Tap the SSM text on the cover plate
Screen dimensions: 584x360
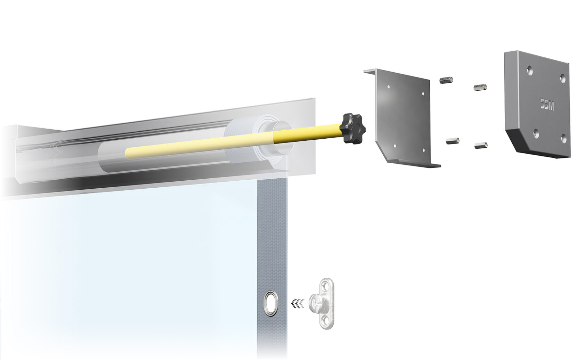pos(547,105)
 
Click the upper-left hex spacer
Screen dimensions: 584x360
pos(446,80)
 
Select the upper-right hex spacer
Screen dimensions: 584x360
pos(480,87)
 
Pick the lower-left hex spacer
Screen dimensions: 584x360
pos(453,141)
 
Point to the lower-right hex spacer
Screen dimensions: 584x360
pos(481,145)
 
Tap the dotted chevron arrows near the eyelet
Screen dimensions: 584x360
pos(298,303)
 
